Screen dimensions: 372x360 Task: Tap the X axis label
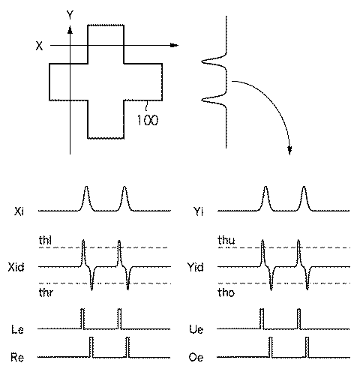point(38,46)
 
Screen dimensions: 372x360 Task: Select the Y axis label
point(69,15)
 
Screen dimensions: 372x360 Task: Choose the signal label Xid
point(20,266)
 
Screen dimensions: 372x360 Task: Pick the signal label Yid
point(199,266)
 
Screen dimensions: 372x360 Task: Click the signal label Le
point(19,328)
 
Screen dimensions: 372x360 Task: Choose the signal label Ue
point(197,328)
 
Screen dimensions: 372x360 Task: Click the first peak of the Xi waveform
point(86,189)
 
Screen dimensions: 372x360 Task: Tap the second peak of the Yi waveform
point(304,189)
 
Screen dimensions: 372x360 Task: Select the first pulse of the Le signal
point(82,319)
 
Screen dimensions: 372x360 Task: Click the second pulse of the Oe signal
point(307,346)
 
